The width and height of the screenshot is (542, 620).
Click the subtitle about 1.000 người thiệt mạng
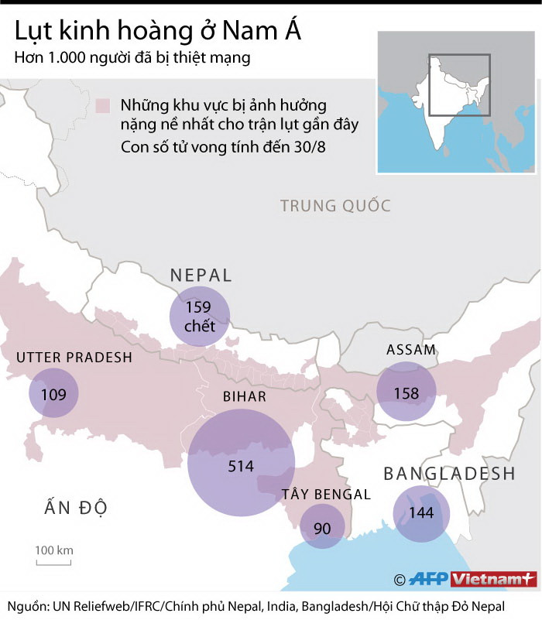click(132, 58)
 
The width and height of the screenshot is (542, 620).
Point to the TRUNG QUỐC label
click(335, 206)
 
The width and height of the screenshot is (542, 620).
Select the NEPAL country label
click(201, 276)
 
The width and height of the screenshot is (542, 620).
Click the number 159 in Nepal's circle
click(199, 307)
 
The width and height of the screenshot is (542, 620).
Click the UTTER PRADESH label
click(74, 358)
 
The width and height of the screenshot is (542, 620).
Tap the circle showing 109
click(53, 393)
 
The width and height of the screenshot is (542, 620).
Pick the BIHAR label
click(245, 397)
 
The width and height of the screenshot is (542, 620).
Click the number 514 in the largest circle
click(241, 466)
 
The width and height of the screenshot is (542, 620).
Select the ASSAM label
click(411, 350)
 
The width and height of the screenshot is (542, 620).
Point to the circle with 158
click(406, 393)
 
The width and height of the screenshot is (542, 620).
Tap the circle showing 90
click(322, 527)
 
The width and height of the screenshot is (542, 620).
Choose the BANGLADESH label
click(449, 474)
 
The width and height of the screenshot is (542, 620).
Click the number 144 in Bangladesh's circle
click(420, 512)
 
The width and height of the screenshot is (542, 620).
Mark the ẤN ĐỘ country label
click(75, 508)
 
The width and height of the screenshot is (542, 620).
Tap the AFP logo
click(428, 579)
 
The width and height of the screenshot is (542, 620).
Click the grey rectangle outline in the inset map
click(460, 85)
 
